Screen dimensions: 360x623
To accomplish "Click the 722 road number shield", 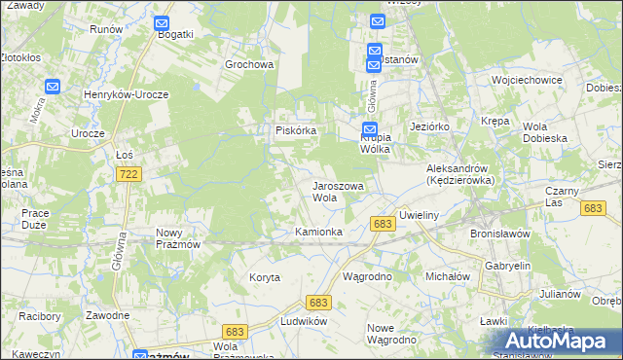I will pyautogui.click(x=128, y=174).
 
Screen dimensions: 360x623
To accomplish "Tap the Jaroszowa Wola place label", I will pyautogui.click(x=337, y=191).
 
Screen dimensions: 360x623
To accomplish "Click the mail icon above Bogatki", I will pyautogui.click(x=162, y=22).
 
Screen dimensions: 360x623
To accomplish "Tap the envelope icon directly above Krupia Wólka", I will pyautogui.click(x=370, y=128).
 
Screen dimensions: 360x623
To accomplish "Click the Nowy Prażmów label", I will pyautogui.click(x=178, y=238).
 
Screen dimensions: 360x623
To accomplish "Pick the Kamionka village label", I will pyautogui.click(x=318, y=232).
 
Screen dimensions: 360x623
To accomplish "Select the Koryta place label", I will pyautogui.click(x=264, y=277).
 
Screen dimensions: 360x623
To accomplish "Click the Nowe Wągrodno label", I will pyautogui.click(x=391, y=333).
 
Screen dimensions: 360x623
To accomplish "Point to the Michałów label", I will pyautogui.click(x=448, y=276).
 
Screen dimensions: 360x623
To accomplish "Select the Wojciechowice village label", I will pyautogui.click(x=529, y=79).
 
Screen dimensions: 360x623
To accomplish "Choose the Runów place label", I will pyautogui.click(x=105, y=29).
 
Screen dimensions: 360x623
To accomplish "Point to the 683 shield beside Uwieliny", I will pyautogui.click(x=383, y=225).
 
